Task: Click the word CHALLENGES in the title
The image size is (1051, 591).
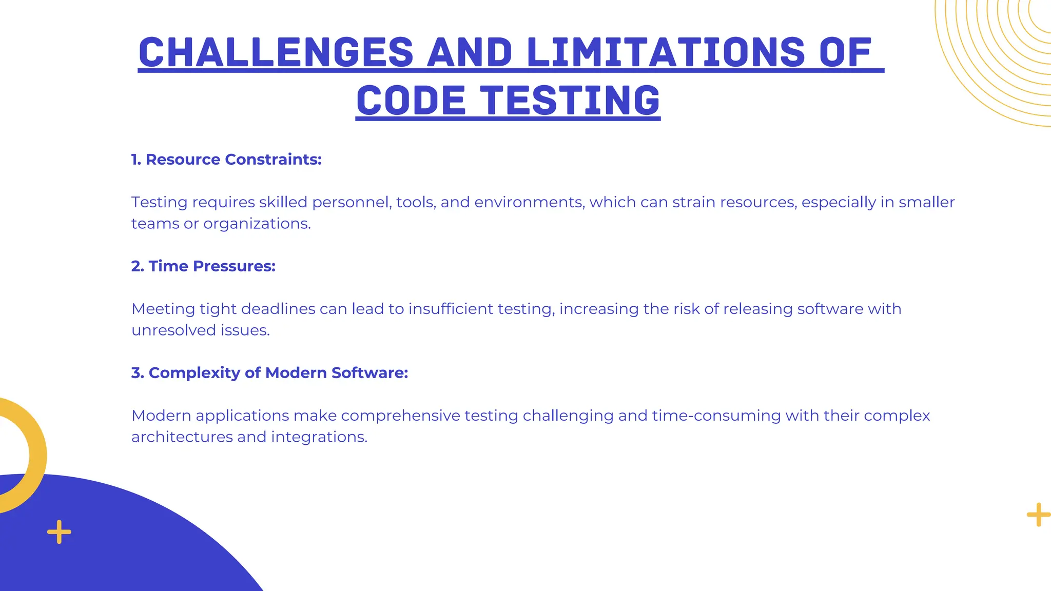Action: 276,52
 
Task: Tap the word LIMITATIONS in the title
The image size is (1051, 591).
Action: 666,52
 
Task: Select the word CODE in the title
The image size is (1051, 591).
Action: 411,101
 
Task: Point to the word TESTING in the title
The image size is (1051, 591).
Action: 570,101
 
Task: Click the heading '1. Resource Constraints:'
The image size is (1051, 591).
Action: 226,160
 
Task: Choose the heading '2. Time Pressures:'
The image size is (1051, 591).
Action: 203,266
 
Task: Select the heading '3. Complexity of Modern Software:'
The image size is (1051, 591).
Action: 269,373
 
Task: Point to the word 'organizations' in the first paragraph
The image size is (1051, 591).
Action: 257,224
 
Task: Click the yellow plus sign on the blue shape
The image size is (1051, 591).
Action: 59,532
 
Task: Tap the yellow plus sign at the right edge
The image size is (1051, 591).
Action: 1038,515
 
